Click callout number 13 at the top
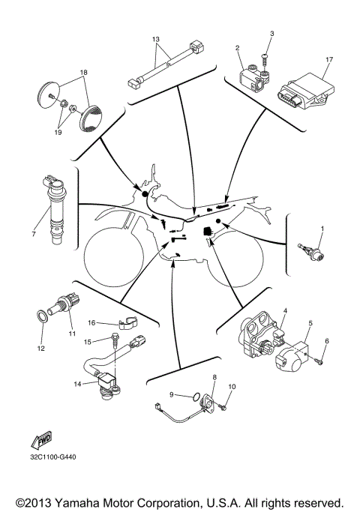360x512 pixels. (x=156, y=38)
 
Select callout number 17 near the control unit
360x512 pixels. (x=329, y=59)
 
